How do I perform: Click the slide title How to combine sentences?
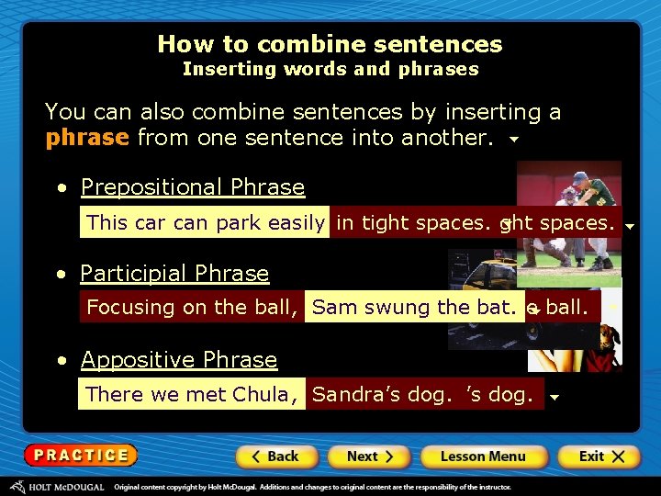(x=330, y=44)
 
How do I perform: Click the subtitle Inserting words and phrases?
(x=330, y=69)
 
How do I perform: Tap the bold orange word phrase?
(x=87, y=138)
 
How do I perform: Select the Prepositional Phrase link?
(x=193, y=187)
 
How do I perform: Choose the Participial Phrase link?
(x=174, y=274)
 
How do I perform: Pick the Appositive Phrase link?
(x=179, y=360)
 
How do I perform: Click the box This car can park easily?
(x=206, y=222)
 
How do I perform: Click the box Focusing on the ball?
(x=192, y=308)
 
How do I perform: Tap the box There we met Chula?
(x=191, y=394)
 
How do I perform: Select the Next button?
(x=370, y=456)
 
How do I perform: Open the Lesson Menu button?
(x=483, y=456)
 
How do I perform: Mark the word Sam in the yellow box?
(x=329, y=308)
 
